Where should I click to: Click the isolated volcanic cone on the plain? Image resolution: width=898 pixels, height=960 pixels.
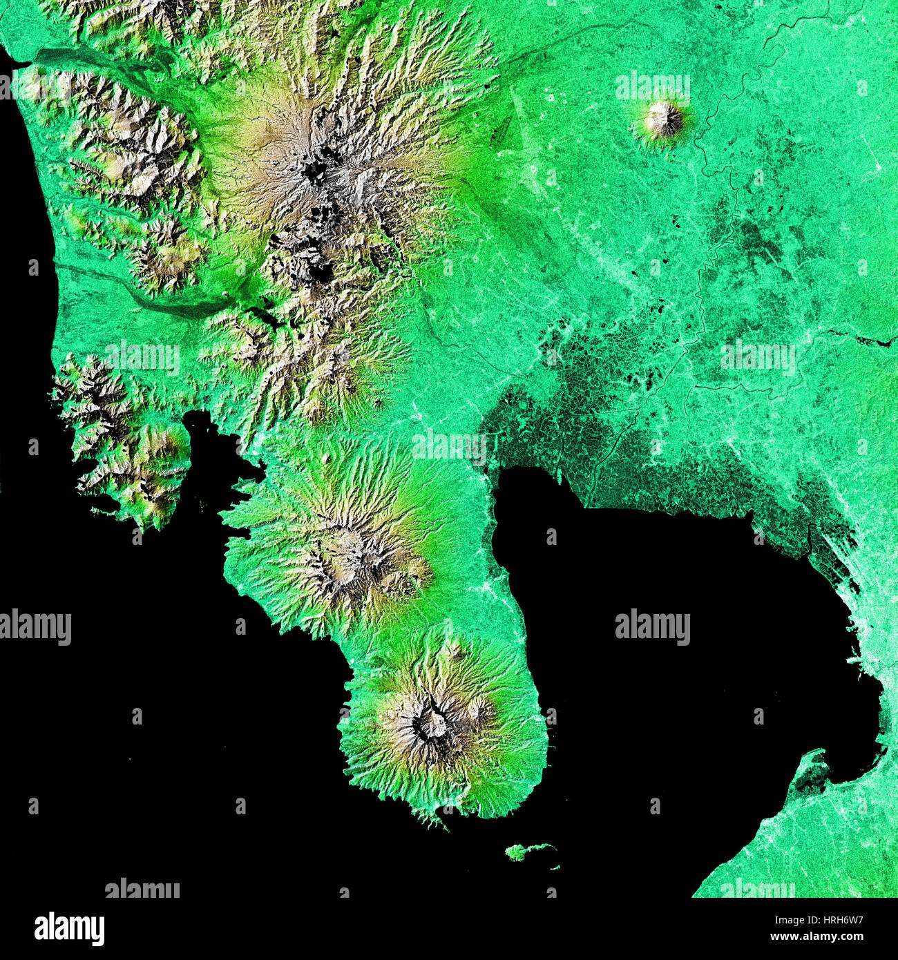point(664,120)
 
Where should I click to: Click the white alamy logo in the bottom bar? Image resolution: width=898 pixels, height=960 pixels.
point(69,928)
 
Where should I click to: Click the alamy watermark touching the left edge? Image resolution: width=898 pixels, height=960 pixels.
point(35,627)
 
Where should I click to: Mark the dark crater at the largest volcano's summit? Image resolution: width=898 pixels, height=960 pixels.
point(316,170)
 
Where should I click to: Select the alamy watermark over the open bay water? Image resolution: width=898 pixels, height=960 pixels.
point(652,627)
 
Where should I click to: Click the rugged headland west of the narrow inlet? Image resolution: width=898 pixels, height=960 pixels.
point(121,442)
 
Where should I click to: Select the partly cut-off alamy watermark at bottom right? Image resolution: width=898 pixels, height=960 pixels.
point(757,888)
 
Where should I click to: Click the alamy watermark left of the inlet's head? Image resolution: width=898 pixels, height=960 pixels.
point(142,358)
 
